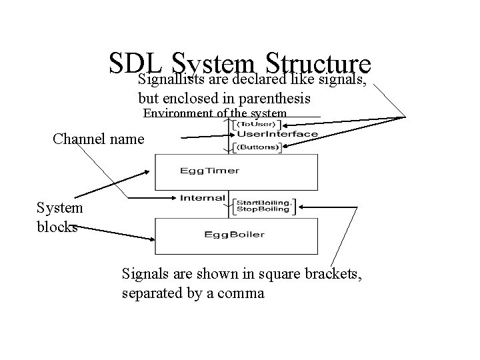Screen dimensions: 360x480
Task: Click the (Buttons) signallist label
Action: click(x=258, y=147)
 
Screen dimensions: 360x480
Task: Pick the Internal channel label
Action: click(x=198, y=197)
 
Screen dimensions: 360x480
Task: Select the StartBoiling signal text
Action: click(x=264, y=201)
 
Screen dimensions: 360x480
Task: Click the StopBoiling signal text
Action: click(x=263, y=209)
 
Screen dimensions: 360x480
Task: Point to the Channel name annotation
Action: click(x=98, y=139)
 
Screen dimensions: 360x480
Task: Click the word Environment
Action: click(x=178, y=113)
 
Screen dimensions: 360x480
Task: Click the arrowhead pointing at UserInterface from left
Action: click(x=225, y=136)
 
